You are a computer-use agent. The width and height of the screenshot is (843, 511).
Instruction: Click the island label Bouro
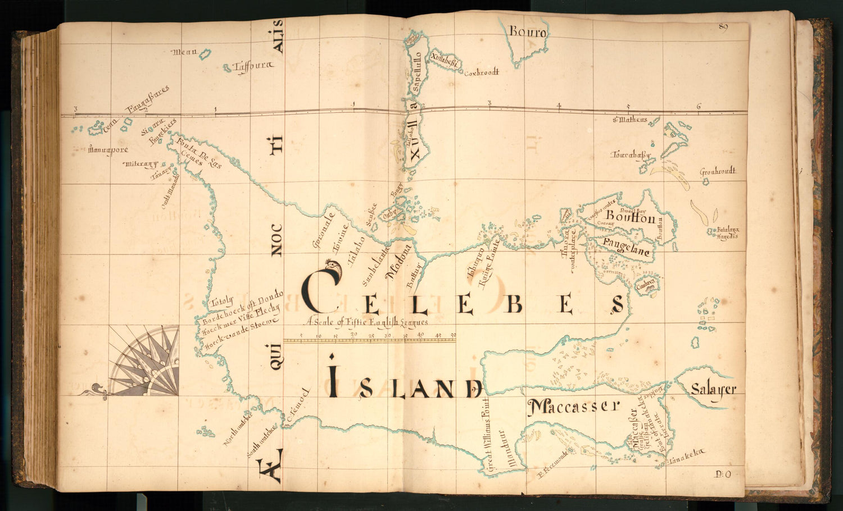(527, 33)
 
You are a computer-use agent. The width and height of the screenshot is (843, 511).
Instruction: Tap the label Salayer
(713, 389)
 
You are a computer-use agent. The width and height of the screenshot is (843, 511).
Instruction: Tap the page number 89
(723, 28)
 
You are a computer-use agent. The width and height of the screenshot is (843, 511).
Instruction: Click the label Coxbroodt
(481, 72)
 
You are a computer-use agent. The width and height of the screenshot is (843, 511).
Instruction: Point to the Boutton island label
(630, 218)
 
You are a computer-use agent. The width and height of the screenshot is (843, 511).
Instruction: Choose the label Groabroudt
(718, 171)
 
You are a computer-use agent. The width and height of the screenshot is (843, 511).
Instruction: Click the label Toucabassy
(631, 154)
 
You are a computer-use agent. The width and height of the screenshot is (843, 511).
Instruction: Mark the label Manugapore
(108, 150)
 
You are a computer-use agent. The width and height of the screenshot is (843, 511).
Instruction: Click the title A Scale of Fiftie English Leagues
(366, 322)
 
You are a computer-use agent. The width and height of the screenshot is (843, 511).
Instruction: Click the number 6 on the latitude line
(699, 107)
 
